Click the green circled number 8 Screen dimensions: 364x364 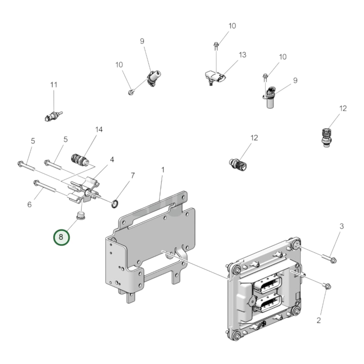pos(61,237)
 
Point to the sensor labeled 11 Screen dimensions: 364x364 pos(53,116)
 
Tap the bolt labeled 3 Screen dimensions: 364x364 pos(328,258)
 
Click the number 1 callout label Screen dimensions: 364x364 pos(163,170)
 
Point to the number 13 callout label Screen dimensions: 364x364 pos(242,55)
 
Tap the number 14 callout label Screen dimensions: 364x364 pos(99,129)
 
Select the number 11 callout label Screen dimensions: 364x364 pos(54,85)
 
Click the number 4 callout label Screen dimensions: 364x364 pos(112,160)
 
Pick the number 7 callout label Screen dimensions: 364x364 pos(133,176)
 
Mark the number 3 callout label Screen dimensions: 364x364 pos(341,226)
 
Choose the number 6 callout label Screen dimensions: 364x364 pos(29,205)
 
